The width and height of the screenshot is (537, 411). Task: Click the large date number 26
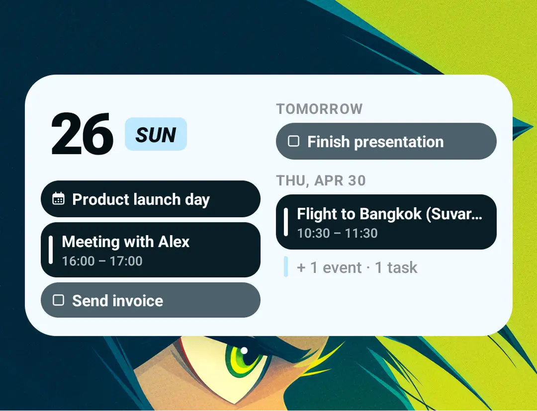82,134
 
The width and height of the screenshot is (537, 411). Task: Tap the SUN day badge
156,134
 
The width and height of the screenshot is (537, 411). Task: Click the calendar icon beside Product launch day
58,198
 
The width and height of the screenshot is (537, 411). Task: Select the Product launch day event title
141,199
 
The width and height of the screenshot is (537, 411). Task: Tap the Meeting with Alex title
125,242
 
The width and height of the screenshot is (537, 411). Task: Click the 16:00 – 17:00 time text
102,261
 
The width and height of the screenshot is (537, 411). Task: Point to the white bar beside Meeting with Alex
51,250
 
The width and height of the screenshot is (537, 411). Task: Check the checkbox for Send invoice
58,300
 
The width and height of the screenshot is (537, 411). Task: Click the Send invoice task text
117,301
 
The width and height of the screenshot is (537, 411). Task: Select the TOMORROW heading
319,109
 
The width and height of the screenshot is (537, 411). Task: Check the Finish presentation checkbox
293,141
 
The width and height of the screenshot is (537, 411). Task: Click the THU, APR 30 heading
321,181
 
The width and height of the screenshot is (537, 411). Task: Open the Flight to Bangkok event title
389,214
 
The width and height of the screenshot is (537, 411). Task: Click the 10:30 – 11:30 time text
337,234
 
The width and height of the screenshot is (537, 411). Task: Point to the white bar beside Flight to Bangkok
285,222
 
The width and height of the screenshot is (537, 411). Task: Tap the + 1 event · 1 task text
357,267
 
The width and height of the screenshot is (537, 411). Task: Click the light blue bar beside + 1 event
285,266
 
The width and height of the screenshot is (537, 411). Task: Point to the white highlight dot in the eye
244,350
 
